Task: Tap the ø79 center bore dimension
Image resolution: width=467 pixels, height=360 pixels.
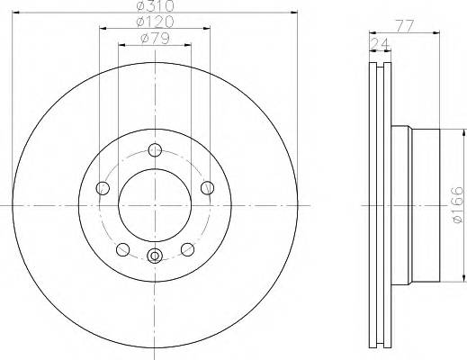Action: coord(155,38)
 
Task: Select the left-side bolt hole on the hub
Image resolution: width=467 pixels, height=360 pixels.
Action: coord(103,188)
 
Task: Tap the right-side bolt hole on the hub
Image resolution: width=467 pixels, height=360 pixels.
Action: coord(207,187)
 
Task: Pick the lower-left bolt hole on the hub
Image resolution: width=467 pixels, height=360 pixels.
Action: coord(122,249)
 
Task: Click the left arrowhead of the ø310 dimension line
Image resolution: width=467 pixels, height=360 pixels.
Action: coord(16,13)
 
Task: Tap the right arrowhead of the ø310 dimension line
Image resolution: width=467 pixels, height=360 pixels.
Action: coord(293,13)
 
